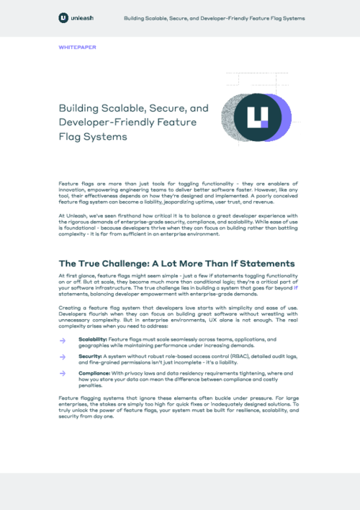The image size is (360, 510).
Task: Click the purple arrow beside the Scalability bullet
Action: point(63,339)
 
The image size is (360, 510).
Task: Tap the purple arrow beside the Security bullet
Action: point(63,356)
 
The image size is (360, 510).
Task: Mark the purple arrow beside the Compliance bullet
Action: point(63,373)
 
